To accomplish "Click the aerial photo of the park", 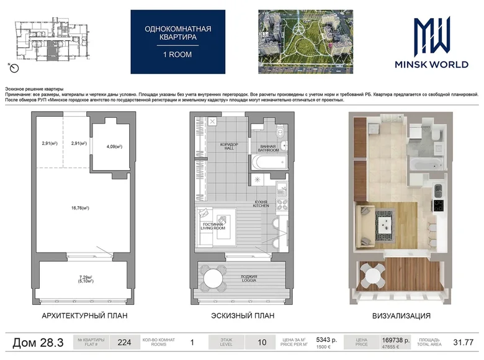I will click(305, 41).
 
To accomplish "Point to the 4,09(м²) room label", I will click(114, 146).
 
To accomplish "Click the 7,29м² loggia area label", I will click(86, 278).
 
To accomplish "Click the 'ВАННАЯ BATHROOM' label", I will click(267, 148).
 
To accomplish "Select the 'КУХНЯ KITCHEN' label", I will click(261, 204).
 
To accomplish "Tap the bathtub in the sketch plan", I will click(268, 164).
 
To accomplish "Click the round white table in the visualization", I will click(372, 274).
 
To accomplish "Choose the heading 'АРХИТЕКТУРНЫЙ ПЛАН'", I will click(84, 316).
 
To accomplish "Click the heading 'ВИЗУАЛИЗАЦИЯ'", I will click(401, 316).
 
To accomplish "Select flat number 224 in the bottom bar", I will click(124, 341).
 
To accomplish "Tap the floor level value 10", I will click(262, 341).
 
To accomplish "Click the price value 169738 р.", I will click(397, 339).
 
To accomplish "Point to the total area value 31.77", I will click(463, 341).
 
